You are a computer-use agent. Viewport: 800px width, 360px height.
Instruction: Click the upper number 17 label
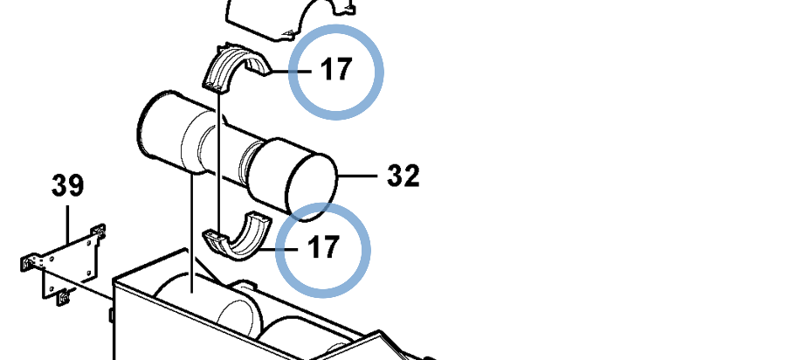pyautogui.click(x=336, y=69)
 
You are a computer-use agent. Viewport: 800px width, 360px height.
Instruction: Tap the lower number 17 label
pyautogui.click(x=323, y=247)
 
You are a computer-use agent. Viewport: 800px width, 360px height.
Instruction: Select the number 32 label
pyautogui.click(x=403, y=176)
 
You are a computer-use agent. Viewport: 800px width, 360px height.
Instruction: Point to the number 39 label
pyautogui.click(x=68, y=185)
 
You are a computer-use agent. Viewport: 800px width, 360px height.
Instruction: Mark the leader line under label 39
pyautogui.click(x=67, y=225)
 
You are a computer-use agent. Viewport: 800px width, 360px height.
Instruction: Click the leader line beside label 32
pyautogui.click(x=357, y=176)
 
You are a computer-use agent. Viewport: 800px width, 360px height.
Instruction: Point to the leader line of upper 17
pyautogui.click(x=289, y=72)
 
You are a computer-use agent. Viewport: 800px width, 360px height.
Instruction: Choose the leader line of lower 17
pyautogui.click(x=279, y=249)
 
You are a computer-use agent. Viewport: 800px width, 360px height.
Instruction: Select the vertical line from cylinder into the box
pyautogui.click(x=192, y=232)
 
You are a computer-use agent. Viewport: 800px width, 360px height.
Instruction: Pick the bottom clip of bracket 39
pyautogui.click(x=64, y=297)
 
